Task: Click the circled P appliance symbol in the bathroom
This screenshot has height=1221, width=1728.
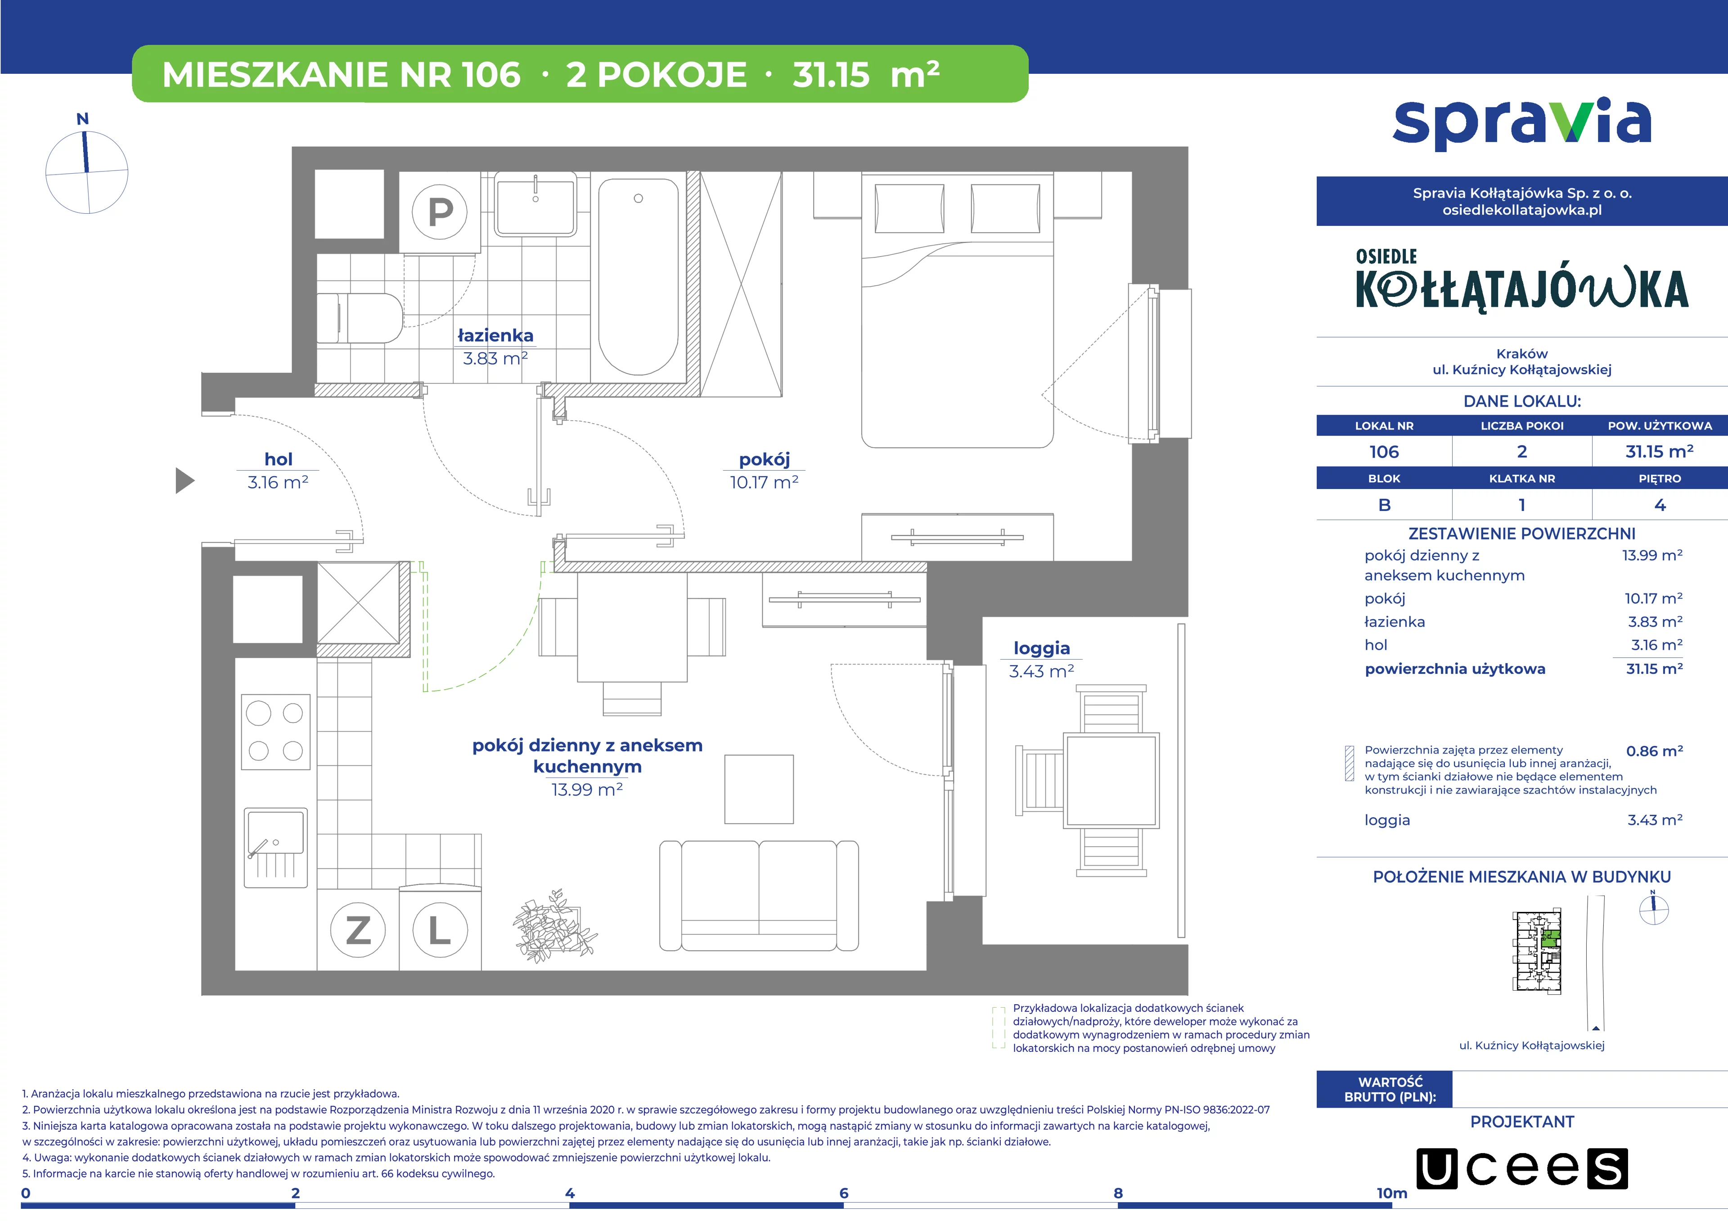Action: point(440,212)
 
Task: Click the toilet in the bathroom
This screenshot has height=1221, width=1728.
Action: point(360,318)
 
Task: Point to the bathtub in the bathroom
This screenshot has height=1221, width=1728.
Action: point(638,276)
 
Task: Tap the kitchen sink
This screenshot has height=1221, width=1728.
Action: point(275,847)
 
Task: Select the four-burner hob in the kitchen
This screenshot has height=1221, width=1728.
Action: point(275,731)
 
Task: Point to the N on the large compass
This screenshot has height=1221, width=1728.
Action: point(83,119)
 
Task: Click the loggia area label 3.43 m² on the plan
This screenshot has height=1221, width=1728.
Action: point(1042,671)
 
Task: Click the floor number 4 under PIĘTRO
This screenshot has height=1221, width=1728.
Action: point(1660,505)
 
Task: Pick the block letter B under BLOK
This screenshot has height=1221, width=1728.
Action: point(1384,505)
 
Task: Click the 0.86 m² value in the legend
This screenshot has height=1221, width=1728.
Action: point(1654,751)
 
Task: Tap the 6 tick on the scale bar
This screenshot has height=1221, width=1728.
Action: point(844,1193)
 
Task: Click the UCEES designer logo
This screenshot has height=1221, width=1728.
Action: point(1522,1168)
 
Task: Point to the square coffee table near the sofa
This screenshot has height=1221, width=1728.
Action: point(759,789)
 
